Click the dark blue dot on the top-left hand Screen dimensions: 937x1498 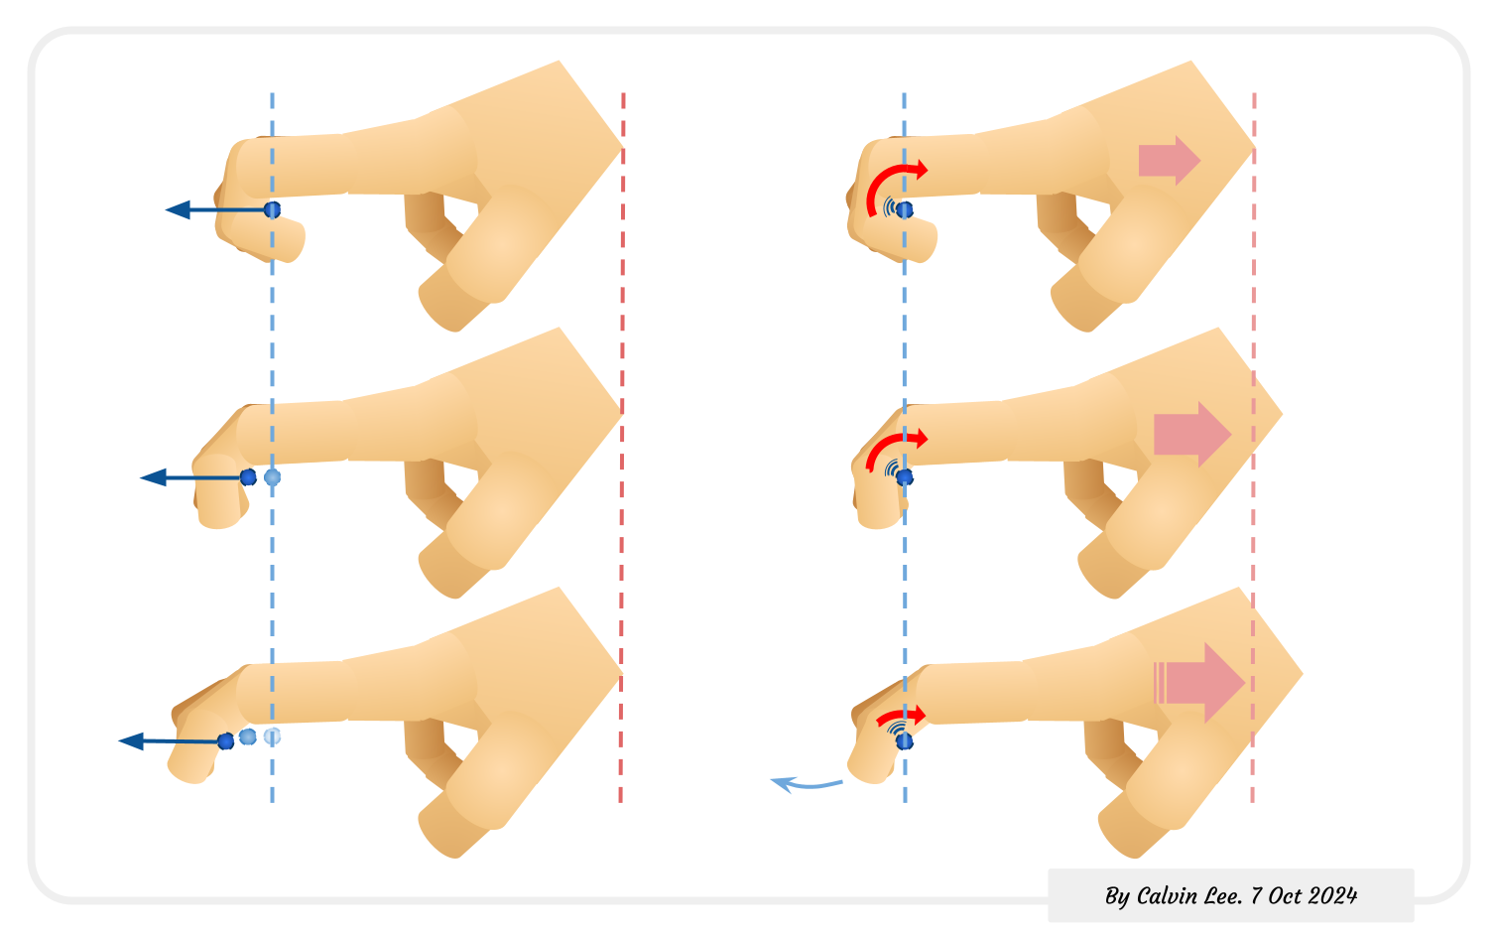[273, 209]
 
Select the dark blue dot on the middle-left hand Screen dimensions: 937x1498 [248, 477]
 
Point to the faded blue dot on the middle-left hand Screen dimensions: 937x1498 [273, 477]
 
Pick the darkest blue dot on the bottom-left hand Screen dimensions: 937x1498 [226, 740]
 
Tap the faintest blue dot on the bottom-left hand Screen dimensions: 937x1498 [273, 736]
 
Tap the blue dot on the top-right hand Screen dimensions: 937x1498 [905, 209]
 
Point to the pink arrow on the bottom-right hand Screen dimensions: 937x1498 [1200, 682]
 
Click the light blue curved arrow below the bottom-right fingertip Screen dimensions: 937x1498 [806, 785]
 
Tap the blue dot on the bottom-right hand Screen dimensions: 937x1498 [904, 741]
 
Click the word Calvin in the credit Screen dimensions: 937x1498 [1166, 896]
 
